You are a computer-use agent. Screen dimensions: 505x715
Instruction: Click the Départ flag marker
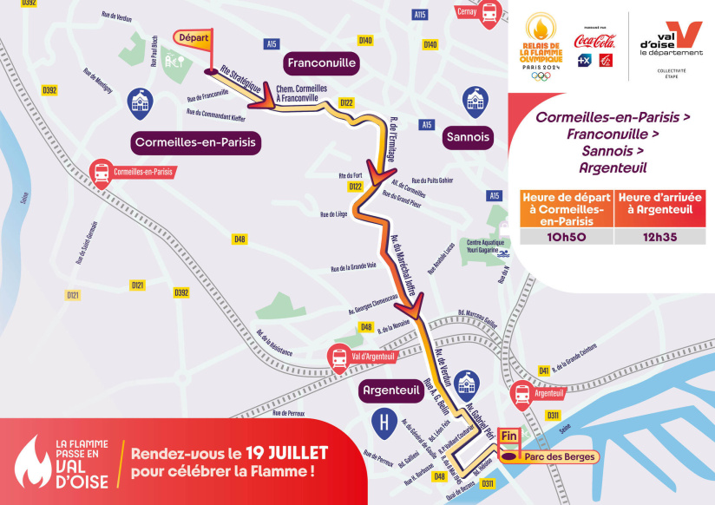pos(194,40)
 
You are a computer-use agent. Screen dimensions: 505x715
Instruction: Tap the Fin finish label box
pos(509,436)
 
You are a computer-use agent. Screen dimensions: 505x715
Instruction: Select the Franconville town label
pos(320,63)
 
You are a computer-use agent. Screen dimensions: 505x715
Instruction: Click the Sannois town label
pos(468,136)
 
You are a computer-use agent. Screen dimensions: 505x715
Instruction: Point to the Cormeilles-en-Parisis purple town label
pos(197,141)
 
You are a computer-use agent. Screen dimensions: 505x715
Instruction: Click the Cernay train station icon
pos(489,14)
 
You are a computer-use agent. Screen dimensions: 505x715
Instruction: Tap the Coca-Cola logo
pos(595,40)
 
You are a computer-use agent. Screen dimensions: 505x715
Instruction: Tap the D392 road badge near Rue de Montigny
pos(49,89)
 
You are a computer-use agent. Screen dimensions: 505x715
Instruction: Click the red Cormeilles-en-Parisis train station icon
pos(102,171)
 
